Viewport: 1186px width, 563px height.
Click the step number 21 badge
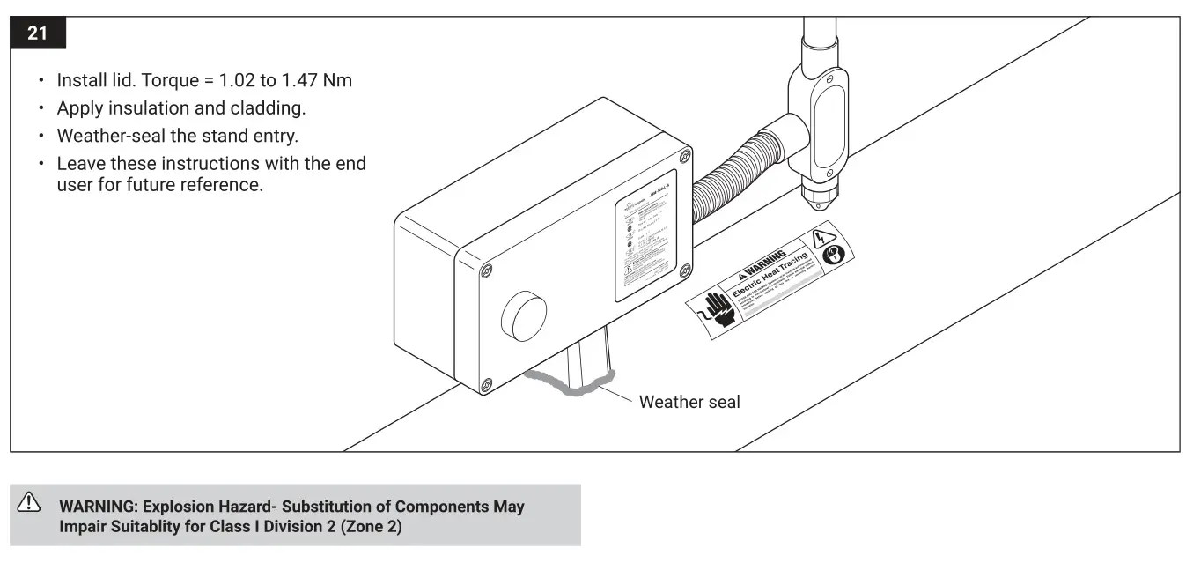tap(37, 34)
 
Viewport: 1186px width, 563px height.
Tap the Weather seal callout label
tap(689, 402)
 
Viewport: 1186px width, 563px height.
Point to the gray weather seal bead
tap(564, 385)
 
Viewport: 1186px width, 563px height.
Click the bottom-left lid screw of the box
tap(486, 384)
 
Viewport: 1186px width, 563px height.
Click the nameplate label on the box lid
tap(645, 236)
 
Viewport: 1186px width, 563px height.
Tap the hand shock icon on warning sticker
tap(718, 309)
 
